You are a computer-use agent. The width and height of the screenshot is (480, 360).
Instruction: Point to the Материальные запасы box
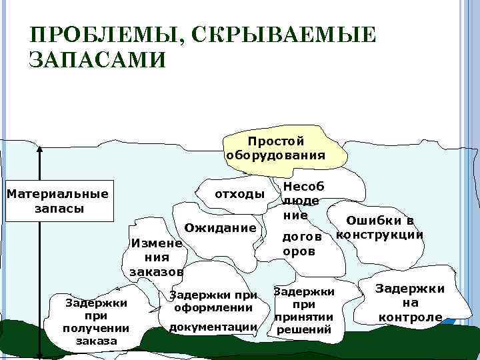coord(57,201)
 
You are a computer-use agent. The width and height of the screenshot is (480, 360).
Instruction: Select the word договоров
coord(302,244)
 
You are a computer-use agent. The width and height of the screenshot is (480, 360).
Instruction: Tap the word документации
coord(213,327)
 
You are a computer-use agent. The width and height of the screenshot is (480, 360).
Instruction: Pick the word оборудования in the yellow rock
coord(276,155)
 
